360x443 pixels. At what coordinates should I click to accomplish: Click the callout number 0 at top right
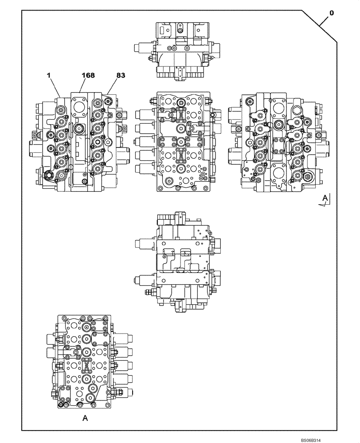pos(331,13)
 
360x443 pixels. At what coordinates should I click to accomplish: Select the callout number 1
pos(49,76)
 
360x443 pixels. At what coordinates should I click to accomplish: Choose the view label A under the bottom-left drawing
pos(84,417)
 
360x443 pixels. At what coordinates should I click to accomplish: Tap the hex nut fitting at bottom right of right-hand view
pos(307,179)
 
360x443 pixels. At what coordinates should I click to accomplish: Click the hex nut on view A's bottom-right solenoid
pos(120,391)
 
